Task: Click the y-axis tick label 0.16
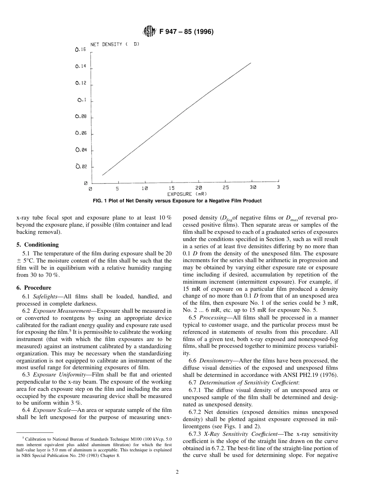coord(80,50)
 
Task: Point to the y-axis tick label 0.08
coord(80,117)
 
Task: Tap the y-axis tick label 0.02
coord(81,167)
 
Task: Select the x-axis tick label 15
coord(171,188)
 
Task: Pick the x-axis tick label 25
coord(226,188)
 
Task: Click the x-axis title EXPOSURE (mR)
coord(184,194)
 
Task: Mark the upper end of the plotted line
coord(251,63)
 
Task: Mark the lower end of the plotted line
coord(102,175)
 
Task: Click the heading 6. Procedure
coord(34,287)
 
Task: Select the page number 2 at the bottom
coord(178,472)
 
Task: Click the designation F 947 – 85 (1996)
coord(186,32)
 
